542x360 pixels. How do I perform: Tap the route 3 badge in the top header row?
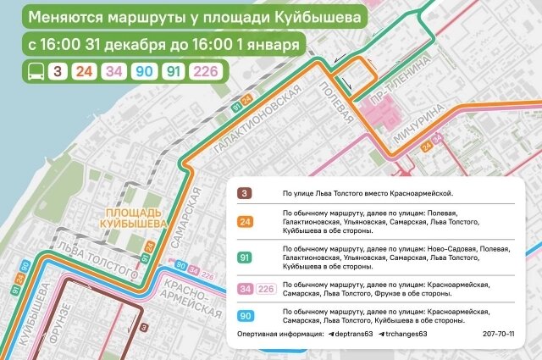pyautogui.click(x=58, y=70)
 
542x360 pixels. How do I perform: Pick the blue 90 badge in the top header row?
pyautogui.click(x=143, y=70)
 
